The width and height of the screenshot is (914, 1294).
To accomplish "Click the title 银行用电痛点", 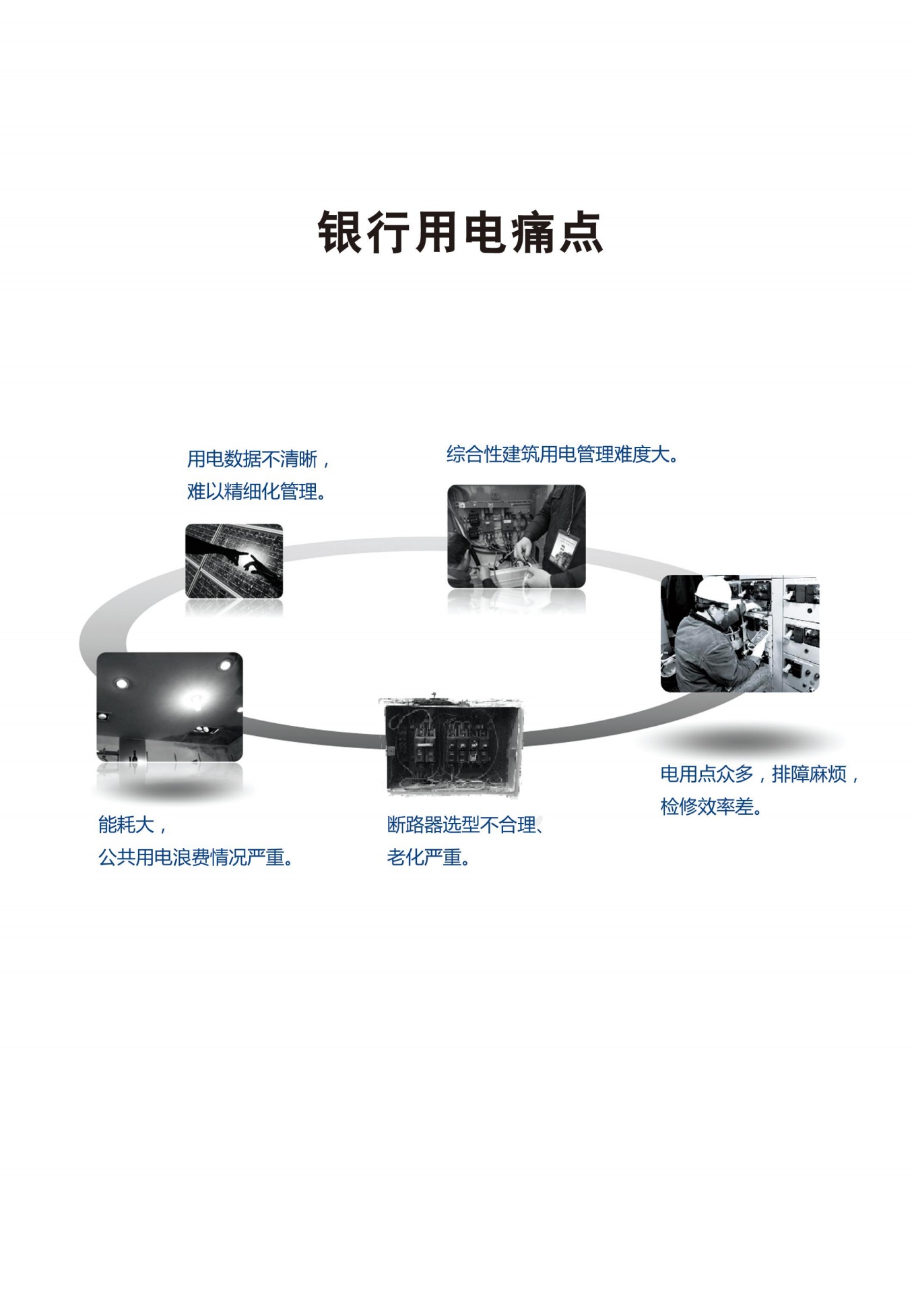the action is (x=460, y=233).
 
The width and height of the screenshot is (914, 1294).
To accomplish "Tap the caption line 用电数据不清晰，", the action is (x=259, y=459).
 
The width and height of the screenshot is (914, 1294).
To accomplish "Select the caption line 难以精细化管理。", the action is (x=257, y=492).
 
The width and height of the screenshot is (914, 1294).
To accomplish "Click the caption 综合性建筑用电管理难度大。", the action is (x=562, y=454).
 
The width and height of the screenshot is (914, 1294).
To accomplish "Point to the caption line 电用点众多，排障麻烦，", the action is (x=759, y=774).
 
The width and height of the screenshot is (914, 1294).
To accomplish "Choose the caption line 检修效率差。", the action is (x=711, y=807).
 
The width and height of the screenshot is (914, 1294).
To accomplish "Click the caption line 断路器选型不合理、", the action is (x=465, y=824).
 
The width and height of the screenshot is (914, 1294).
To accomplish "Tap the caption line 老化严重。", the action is (x=428, y=857).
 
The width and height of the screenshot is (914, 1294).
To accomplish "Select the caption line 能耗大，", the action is (x=132, y=824).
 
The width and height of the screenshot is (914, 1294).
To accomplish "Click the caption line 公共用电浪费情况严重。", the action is (x=195, y=857).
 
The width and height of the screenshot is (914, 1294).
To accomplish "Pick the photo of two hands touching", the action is (x=234, y=561).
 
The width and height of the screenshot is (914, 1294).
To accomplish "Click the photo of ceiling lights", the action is (x=169, y=707).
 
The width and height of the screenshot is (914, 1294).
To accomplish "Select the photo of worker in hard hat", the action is (x=740, y=634).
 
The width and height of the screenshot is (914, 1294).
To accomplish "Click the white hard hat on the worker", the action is (x=713, y=590).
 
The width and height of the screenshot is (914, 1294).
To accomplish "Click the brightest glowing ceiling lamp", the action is (x=192, y=699).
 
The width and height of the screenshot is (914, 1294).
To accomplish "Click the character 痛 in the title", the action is (x=533, y=233).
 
